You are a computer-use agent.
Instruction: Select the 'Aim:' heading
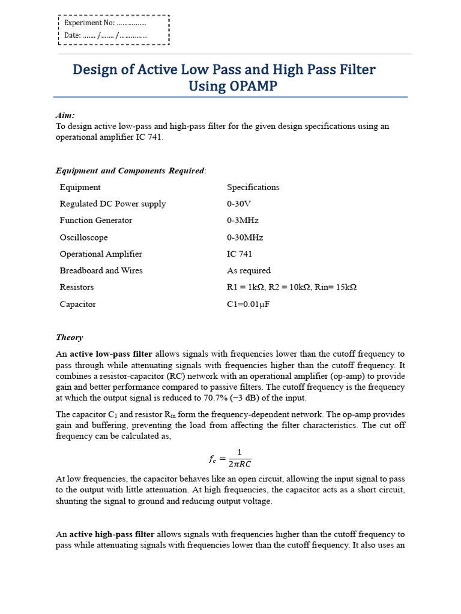(x=65, y=115)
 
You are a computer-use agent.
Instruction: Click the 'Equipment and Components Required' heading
(x=130, y=170)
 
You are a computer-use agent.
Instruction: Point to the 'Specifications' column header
(x=253, y=187)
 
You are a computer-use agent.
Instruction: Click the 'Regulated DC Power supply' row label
(x=112, y=204)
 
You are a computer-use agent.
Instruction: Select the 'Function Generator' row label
(x=95, y=220)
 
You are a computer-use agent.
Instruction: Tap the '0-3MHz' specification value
(x=243, y=220)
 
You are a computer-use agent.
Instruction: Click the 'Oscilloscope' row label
(x=83, y=237)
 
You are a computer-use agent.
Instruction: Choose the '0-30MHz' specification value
(x=245, y=237)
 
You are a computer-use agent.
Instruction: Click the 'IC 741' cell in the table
(x=240, y=254)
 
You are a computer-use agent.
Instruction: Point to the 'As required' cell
(x=249, y=270)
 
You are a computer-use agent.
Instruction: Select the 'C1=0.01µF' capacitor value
(x=249, y=304)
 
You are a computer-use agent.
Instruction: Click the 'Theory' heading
(x=69, y=337)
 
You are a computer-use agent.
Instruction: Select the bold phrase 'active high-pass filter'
(x=112, y=534)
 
